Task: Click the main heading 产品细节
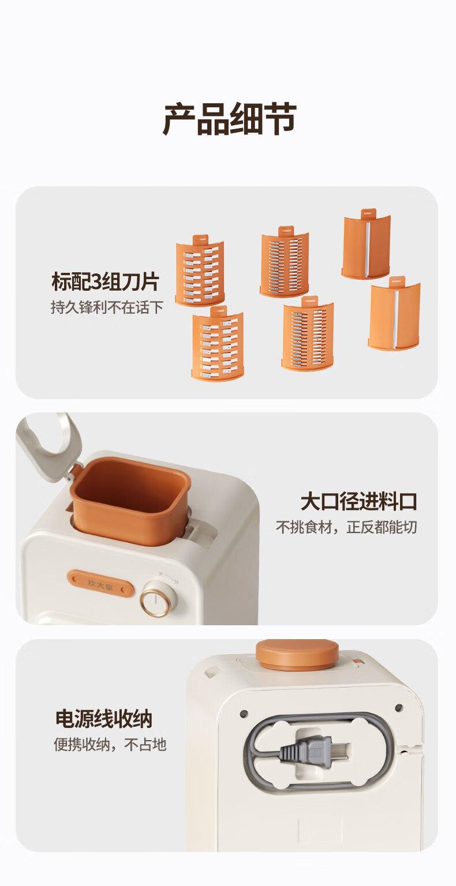pos(229,118)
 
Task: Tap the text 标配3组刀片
pos(105,282)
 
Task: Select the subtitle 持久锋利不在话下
pos(107,307)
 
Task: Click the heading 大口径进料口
pos(358,501)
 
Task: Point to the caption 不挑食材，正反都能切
pos(347,527)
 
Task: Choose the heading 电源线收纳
pos(104,719)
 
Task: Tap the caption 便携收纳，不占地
pos(110,745)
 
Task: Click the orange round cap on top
pos(297,654)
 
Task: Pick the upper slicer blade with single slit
pos(366,245)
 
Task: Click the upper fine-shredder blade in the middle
pos(284,261)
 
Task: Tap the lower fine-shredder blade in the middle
pos(308,333)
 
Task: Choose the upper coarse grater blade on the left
pos(200,271)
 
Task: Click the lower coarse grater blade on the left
pos(217,345)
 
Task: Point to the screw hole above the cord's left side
pos(244,713)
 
